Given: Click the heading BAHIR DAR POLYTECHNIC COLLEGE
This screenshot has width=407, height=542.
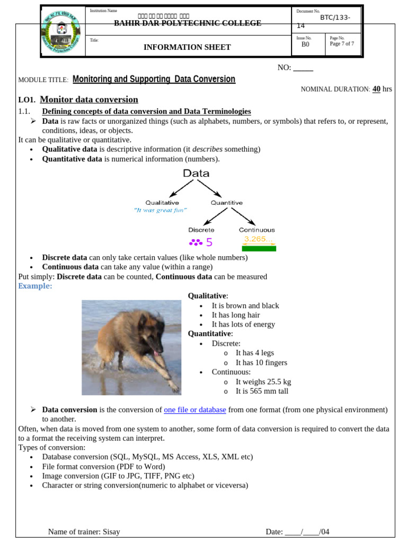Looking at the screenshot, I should click(188, 23).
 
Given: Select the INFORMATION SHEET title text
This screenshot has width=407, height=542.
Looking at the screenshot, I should click(187, 47).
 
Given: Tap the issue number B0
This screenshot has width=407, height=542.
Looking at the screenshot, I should click(305, 45).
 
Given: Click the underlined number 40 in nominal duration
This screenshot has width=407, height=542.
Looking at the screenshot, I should click(376, 89).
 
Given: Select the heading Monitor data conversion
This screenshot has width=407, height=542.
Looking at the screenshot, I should click(89, 100).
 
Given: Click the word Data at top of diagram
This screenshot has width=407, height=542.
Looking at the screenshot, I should click(196, 173).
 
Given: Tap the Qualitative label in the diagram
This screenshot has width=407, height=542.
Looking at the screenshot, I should click(162, 202).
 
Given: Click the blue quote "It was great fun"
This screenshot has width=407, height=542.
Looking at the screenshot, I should click(161, 210).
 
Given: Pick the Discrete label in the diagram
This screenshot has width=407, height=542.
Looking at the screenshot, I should click(201, 230).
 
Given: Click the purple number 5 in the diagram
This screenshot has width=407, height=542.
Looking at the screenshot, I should click(209, 242).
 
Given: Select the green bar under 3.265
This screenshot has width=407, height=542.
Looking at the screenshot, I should click(259, 248).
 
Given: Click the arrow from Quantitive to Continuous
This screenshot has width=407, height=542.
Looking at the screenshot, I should click(243, 215).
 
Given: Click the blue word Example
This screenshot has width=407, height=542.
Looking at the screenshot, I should click(35, 286).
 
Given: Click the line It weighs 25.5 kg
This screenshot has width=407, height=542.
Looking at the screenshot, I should click(263, 382).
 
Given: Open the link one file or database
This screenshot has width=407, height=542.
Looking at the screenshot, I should click(195, 410).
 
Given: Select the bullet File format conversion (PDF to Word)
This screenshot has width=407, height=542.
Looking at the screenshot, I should click(103, 466).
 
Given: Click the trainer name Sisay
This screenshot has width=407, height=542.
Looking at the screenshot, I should click(111, 531).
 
